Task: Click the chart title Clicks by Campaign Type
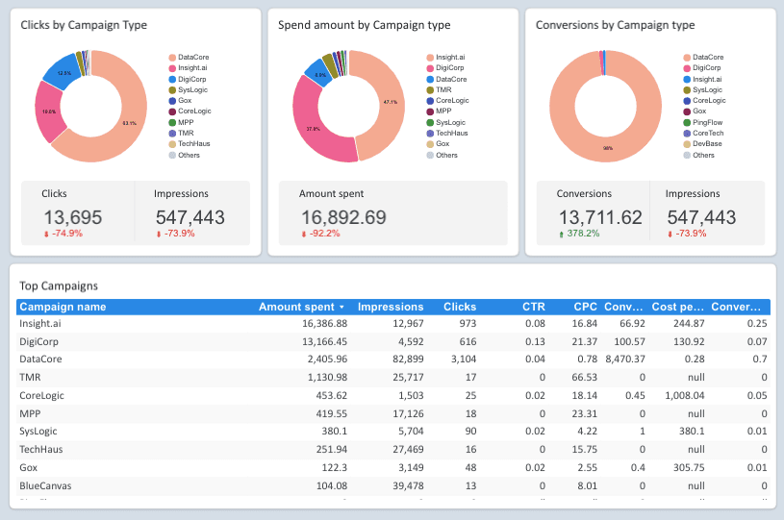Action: (84, 25)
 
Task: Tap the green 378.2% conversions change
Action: (582, 233)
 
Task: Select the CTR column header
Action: (533, 308)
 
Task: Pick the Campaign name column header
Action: (63, 308)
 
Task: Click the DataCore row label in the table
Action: (42, 358)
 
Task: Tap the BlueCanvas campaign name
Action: (45, 485)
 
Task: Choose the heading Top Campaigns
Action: (59, 285)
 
